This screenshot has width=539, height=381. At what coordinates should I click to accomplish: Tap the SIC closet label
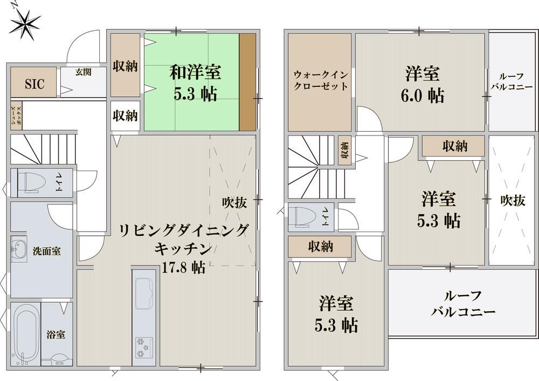point(34,84)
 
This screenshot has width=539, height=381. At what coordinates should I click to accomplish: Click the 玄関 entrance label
point(84,72)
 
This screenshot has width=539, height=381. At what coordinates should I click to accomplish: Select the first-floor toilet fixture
point(33,182)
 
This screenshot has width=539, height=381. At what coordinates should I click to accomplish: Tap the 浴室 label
point(56,334)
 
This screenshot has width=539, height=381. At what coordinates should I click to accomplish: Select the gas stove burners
point(144,348)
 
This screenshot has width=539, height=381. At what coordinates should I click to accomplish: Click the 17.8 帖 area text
point(184,268)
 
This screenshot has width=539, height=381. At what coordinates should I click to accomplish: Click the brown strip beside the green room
point(247,82)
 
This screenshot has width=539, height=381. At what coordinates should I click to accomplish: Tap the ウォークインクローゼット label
point(320,80)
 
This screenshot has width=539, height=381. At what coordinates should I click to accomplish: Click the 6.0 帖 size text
point(423,96)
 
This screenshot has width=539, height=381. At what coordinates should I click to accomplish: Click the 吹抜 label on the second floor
point(513,201)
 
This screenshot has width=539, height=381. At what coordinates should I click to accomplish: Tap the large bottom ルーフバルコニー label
point(463,304)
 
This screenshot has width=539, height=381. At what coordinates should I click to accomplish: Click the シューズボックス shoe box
point(17,115)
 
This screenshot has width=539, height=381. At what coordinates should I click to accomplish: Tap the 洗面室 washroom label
point(46,251)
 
